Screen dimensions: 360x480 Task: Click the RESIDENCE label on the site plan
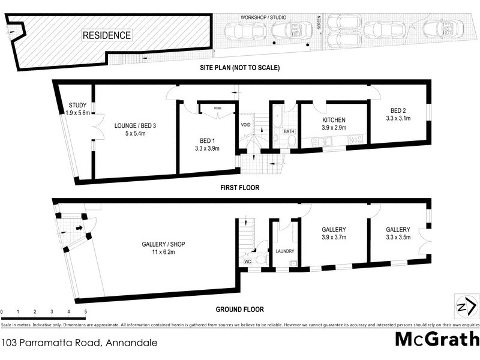(x=106, y=35)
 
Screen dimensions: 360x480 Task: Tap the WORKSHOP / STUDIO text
(x=264, y=17)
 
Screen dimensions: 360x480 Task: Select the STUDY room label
(x=77, y=106)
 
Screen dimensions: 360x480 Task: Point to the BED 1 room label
(x=206, y=140)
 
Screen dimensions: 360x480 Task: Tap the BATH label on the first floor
(x=289, y=131)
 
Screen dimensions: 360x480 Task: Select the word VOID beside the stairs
(x=245, y=125)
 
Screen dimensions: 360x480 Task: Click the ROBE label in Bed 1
(x=217, y=109)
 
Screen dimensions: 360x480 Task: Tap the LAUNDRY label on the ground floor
(x=283, y=251)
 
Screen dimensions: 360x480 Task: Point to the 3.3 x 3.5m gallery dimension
(x=398, y=238)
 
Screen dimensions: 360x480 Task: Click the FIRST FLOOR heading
(x=239, y=187)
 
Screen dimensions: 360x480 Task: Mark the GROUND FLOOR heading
(x=239, y=310)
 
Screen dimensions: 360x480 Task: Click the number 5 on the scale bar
(x=85, y=312)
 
